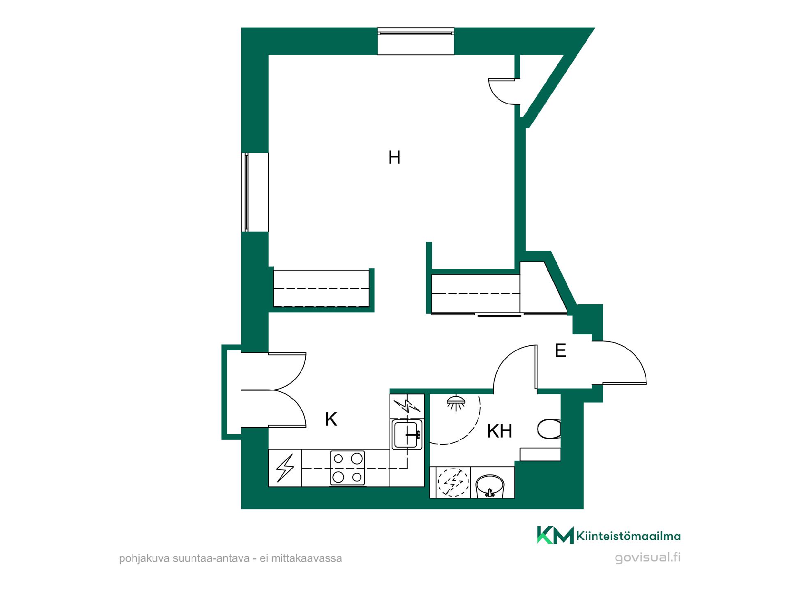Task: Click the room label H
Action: (x=394, y=157)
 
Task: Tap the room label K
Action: (x=331, y=419)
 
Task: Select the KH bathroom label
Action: (x=500, y=431)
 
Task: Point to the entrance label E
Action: (x=561, y=351)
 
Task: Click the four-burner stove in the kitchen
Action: (x=348, y=468)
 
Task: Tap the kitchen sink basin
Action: (x=407, y=435)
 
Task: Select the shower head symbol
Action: (x=456, y=402)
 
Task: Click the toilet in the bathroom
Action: (x=549, y=429)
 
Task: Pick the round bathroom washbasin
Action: (x=489, y=486)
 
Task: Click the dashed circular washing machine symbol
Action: (x=452, y=483)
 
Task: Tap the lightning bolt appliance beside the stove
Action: (x=285, y=468)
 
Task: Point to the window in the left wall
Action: (x=255, y=192)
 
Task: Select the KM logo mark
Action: (x=555, y=535)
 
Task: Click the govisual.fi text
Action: (x=648, y=558)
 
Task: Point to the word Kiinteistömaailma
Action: (x=629, y=536)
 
